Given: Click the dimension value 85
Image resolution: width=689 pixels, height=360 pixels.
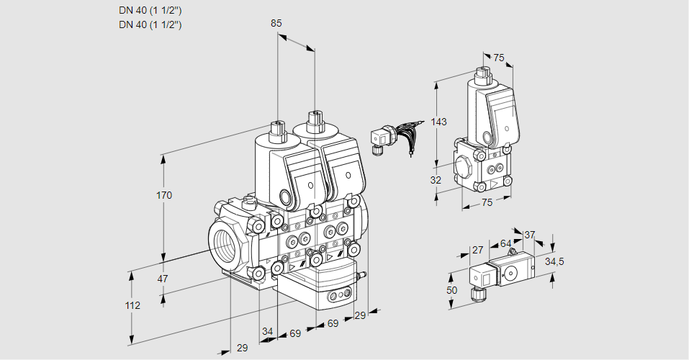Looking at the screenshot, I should point(276,23).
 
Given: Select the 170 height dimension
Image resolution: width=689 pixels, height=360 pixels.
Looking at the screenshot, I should point(165,195).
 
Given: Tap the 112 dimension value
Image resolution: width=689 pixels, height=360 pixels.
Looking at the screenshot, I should point(132,305).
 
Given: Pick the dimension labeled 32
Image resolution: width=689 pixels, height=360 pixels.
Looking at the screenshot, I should point(436,180).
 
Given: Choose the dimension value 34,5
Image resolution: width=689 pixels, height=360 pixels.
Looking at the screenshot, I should point(554,261).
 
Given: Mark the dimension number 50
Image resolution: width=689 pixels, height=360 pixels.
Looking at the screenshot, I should point(451,289).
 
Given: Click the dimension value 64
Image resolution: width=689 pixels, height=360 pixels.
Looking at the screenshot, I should point(505,243).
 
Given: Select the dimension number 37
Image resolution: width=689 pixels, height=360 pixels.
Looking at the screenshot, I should point(529,235).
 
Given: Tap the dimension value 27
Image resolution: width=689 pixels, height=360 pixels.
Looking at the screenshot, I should point(477,250).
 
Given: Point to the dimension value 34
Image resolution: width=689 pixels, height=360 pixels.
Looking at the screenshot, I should point(268,331).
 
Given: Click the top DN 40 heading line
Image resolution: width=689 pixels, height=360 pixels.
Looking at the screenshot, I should point(150,10).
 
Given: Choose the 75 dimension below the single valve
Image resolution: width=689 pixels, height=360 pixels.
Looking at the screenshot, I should point(487,203).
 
